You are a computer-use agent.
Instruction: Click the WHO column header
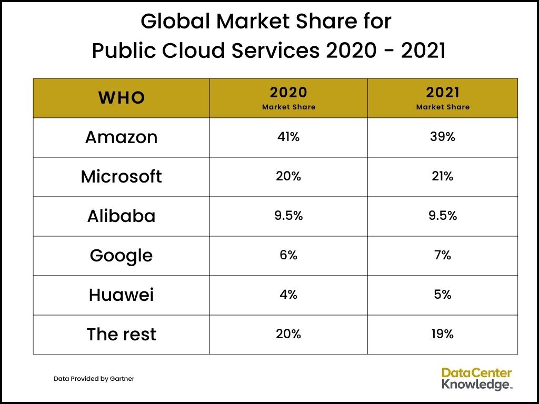point(122,98)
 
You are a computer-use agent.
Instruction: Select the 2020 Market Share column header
point(288,98)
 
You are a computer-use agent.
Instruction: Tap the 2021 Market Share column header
point(443,98)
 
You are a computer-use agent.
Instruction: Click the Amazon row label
point(121,137)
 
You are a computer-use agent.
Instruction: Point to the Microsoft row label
point(121,177)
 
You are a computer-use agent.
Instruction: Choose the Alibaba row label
point(121,216)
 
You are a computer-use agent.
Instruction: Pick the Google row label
point(121,256)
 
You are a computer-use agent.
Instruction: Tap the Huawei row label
point(121,295)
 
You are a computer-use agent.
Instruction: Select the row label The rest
point(121,335)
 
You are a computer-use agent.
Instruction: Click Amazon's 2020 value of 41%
point(288,137)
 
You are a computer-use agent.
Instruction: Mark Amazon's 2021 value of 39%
point(443,137)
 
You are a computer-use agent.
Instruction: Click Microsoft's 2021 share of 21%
point(443,176)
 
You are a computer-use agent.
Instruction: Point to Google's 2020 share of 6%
point(288,255)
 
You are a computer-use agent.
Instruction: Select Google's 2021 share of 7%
point(443,255)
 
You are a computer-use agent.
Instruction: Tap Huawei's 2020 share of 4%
point(288,295)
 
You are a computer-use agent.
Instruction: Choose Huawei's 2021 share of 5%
point(443,295)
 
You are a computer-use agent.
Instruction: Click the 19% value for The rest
point(443,334)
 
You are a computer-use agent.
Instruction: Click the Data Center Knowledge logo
point(476,379)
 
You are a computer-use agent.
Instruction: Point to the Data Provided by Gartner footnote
point(94,379)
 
